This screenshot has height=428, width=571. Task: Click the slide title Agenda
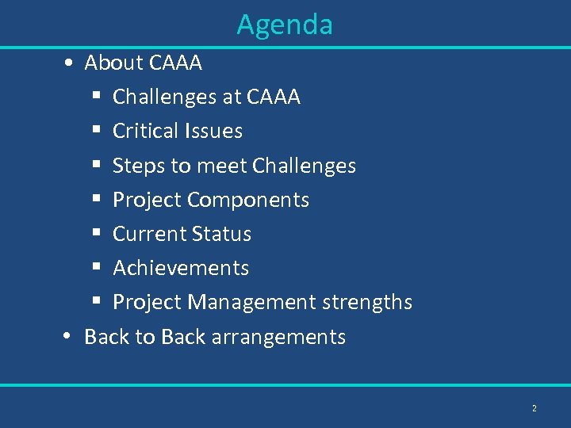tap(285, 25)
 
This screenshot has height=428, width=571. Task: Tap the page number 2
tap(534, 408)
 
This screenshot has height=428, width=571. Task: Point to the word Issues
tap(216, 131)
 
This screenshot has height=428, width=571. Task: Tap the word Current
tap(145, 234)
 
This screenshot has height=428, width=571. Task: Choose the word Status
tap(217, 234)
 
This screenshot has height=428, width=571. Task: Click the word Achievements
tap(181, 268)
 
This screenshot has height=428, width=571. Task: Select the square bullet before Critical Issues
tap(95, 132)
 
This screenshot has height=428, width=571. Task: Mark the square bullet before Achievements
tap(95, 269)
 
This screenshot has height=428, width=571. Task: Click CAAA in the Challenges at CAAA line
tap(274, 97)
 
